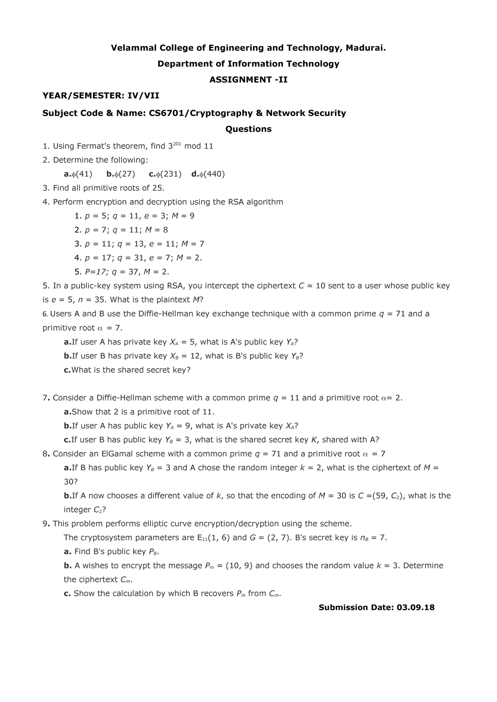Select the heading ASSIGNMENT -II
click(x=248, y=79)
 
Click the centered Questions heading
click(x=248, y=129)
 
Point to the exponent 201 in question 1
click(x=177, y=144)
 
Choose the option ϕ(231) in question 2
click(x=165, y=174)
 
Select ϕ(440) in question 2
click(x=208, y=174)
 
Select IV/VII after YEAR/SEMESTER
click(x=143, y=96)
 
